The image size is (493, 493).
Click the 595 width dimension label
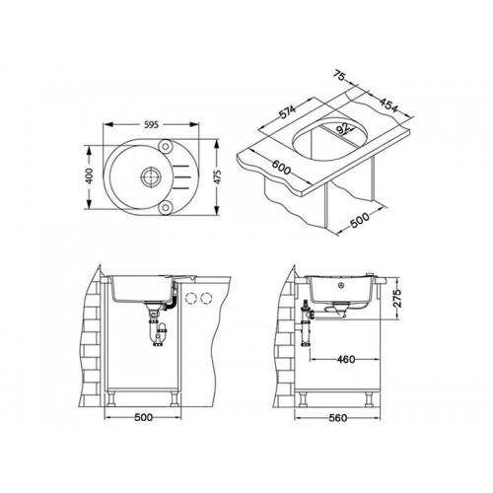coord(151,124)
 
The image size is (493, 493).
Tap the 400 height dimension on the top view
coord(89,176)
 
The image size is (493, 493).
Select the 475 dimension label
coord(217,176)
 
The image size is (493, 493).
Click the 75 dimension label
coord(339,76)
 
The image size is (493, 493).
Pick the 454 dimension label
coord(388,106)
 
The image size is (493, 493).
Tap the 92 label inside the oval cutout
coord(343,129)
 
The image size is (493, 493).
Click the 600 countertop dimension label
coord(281,169)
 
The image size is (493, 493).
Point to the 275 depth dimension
coord(397,299)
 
